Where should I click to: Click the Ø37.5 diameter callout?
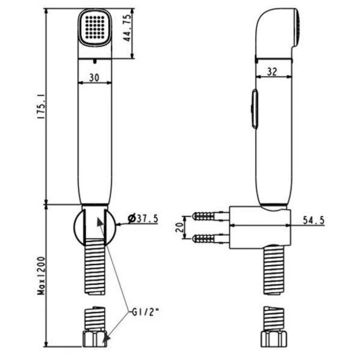click(145, 219)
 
